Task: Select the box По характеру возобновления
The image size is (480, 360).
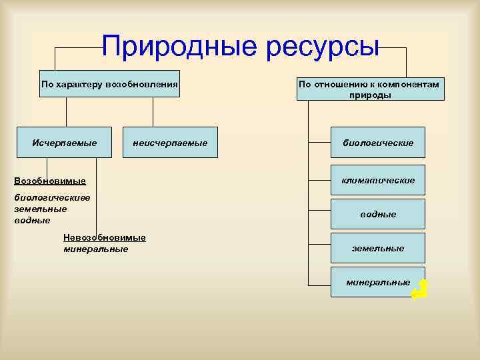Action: coord(109,84)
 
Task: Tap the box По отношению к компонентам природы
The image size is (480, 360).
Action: coord(370,89)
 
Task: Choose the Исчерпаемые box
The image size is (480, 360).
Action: coord(65,143)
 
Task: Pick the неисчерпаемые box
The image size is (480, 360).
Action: coord(170,143)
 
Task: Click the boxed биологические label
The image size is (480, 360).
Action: coord(378,143)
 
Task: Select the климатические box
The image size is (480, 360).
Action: coord(378,180)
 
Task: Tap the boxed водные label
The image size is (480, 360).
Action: coord(378,214)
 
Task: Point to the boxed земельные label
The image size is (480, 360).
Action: coord(378,248)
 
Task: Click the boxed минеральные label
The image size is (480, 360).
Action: coord(378,283)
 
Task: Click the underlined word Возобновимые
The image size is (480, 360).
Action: coord(50,181)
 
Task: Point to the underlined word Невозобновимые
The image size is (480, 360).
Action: coord(104,238)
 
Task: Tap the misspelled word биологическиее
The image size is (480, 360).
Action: coord(52,197)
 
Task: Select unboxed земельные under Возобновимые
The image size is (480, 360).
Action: coord(41,209)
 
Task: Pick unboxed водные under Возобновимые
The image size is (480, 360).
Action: coord(32,220)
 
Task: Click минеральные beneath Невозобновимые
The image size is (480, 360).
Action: coord(95,249)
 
